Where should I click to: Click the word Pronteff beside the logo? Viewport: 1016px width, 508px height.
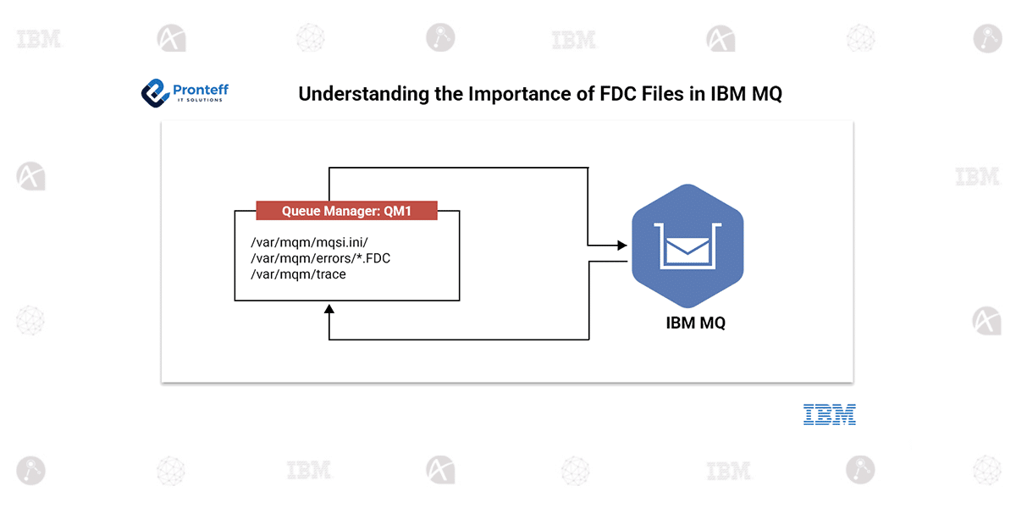(200, 89)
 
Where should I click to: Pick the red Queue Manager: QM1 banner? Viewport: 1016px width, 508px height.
(346, 211)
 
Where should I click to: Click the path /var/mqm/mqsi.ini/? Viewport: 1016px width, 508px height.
(309, 243)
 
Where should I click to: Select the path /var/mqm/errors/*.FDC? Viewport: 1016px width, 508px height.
(320, 258)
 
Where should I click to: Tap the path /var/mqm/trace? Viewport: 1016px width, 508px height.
(298, 274)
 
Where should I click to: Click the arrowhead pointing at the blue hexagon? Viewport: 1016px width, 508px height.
(622, 246)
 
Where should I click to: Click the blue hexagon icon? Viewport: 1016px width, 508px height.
(687, 246)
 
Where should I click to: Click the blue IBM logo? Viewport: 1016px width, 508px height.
(829, 415)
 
